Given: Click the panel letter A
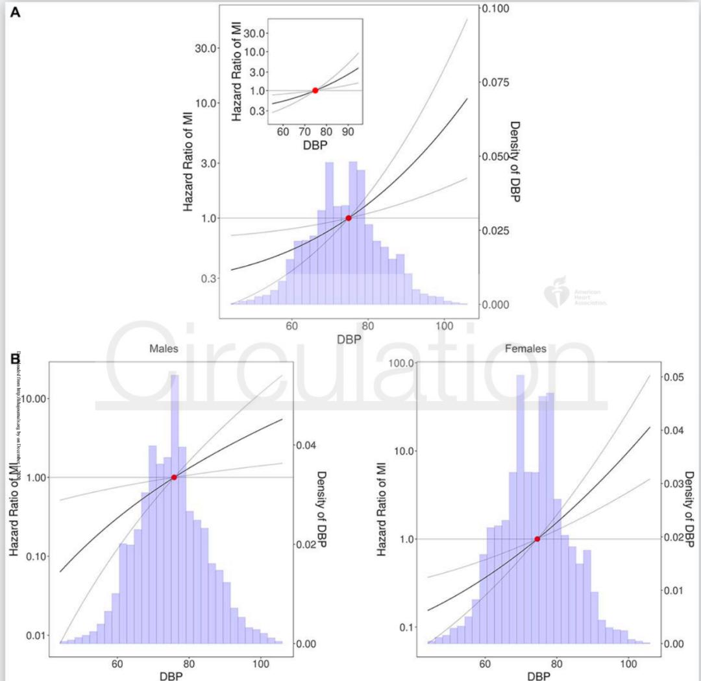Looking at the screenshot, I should point(15,11).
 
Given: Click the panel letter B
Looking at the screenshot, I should point(14,358).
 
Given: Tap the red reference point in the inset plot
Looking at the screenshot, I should point(315,90).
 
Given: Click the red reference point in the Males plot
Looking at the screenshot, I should point(174,477).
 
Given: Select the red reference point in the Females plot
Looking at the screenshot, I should point(537,539).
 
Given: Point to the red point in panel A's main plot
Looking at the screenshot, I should point(349,218).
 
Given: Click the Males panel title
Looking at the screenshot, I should point(164,349).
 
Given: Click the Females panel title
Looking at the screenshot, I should point(525,349).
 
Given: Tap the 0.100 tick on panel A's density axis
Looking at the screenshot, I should point(498,9).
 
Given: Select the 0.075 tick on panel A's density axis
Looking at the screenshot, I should point(498,83).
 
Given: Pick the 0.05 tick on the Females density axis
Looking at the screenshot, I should point(672,377).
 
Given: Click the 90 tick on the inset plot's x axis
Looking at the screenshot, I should point(348,132).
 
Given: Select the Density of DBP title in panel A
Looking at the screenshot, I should point(515,161).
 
